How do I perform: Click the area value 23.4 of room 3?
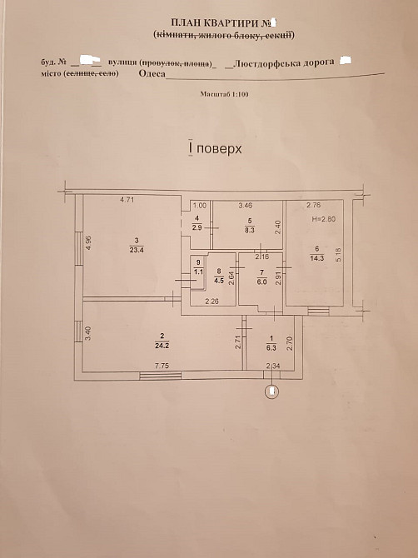click(136, 249)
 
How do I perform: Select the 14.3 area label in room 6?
click(316, 257)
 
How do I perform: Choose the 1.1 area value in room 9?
click(197, 272)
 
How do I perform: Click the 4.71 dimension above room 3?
click(127, 200)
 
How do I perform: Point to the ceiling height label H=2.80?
click(322, 217)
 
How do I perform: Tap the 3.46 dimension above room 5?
click(246, 204)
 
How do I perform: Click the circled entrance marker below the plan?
click(270, 390)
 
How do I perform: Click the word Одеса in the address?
click(147, 72)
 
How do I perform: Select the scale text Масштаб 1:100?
click(225, 95)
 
